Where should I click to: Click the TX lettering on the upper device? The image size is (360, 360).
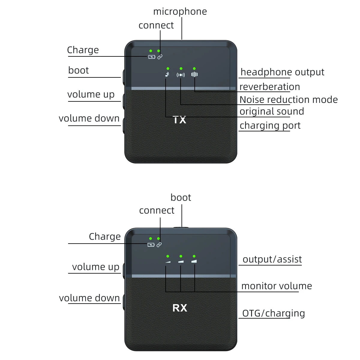(x=180, y=120)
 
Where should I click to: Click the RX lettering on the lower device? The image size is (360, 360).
(x=180, y=308)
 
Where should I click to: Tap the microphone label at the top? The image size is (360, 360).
(x=180, y=11)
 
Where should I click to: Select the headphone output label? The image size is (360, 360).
(x=282, y=72)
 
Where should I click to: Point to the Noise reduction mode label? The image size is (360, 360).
(x=288, y=100)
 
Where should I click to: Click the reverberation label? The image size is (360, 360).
(x=269, y=87)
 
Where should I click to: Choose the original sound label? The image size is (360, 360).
(x=271, y=111)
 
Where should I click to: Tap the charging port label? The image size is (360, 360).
(x=270, y=125)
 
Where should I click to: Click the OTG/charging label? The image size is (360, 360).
(x=273, y=313)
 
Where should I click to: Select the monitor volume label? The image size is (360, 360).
(x=276, y=286)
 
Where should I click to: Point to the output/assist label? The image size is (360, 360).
(x=272, y=259)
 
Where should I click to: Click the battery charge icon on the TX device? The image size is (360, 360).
(x=152, y=57)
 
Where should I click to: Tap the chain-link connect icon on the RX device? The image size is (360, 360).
(x=159, y=244)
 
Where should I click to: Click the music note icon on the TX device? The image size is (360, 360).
(x=167, y=74)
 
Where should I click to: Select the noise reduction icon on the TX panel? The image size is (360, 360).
(x=181, y=75)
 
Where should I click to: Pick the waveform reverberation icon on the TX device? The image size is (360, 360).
(x=194, y=74)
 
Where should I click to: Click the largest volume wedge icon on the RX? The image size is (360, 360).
(x=194, y=261)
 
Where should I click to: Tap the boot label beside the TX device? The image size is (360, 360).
(x=78, y=70)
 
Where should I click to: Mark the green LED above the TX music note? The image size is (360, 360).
(x=168, y=69)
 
